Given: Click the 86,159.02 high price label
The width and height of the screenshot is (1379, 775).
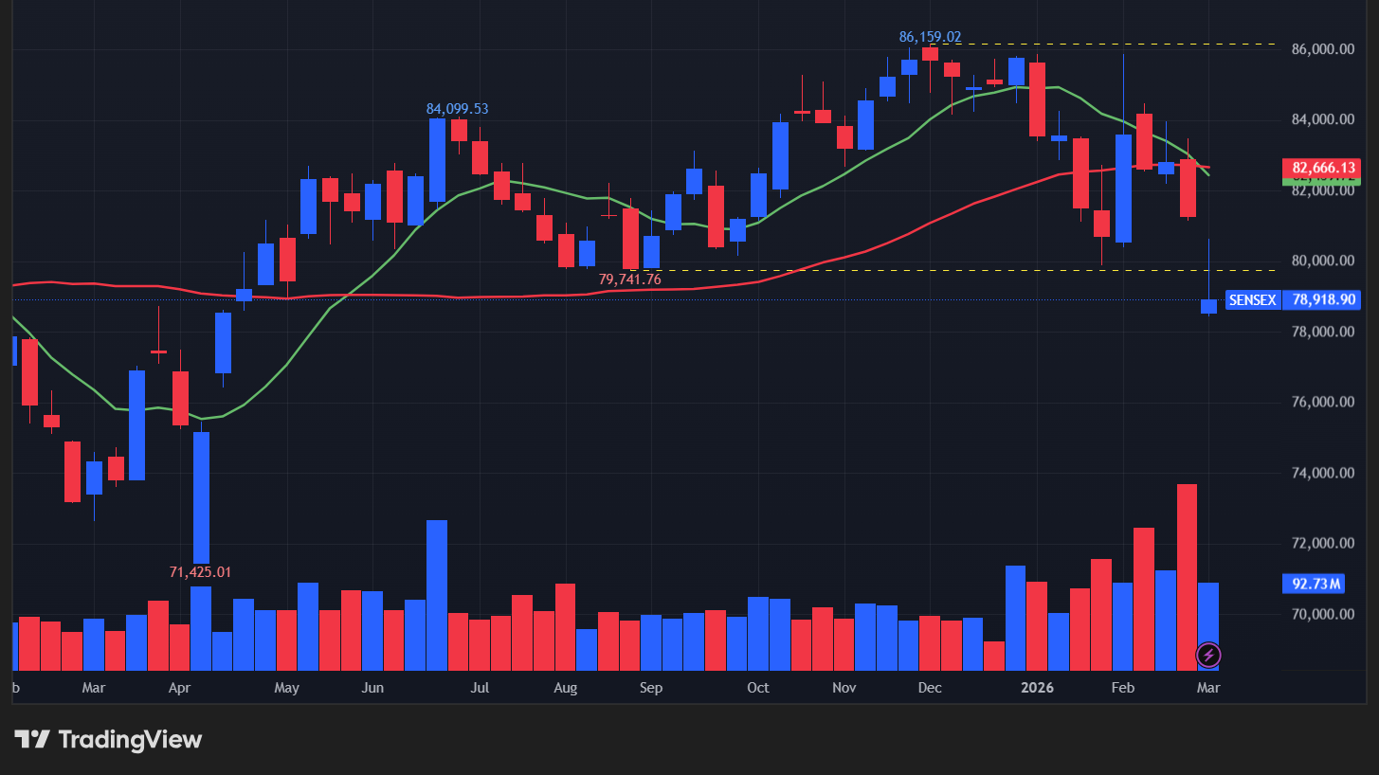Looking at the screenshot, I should point(930,37).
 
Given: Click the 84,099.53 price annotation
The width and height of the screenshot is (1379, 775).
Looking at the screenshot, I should point(457,109).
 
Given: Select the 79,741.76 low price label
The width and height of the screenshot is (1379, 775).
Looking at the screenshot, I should point(629,279).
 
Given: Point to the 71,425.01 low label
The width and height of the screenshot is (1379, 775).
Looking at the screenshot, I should point(200,572).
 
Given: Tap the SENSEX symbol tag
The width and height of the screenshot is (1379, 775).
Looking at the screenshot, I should point(1252,300).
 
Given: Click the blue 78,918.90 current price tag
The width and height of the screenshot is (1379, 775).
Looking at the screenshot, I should point(1324,300).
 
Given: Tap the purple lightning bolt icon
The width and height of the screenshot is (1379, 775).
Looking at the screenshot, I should point(1208,655).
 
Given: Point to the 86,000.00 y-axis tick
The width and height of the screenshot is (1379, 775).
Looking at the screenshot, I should point(1323,49).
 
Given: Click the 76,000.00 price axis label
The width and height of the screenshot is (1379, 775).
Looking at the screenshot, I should point(1323,403).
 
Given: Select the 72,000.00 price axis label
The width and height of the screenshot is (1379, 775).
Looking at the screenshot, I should point(1323,544).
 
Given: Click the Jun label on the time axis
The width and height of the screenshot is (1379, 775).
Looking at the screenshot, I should point(372,688).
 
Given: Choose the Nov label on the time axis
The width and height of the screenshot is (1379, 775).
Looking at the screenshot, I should point(844,688).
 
